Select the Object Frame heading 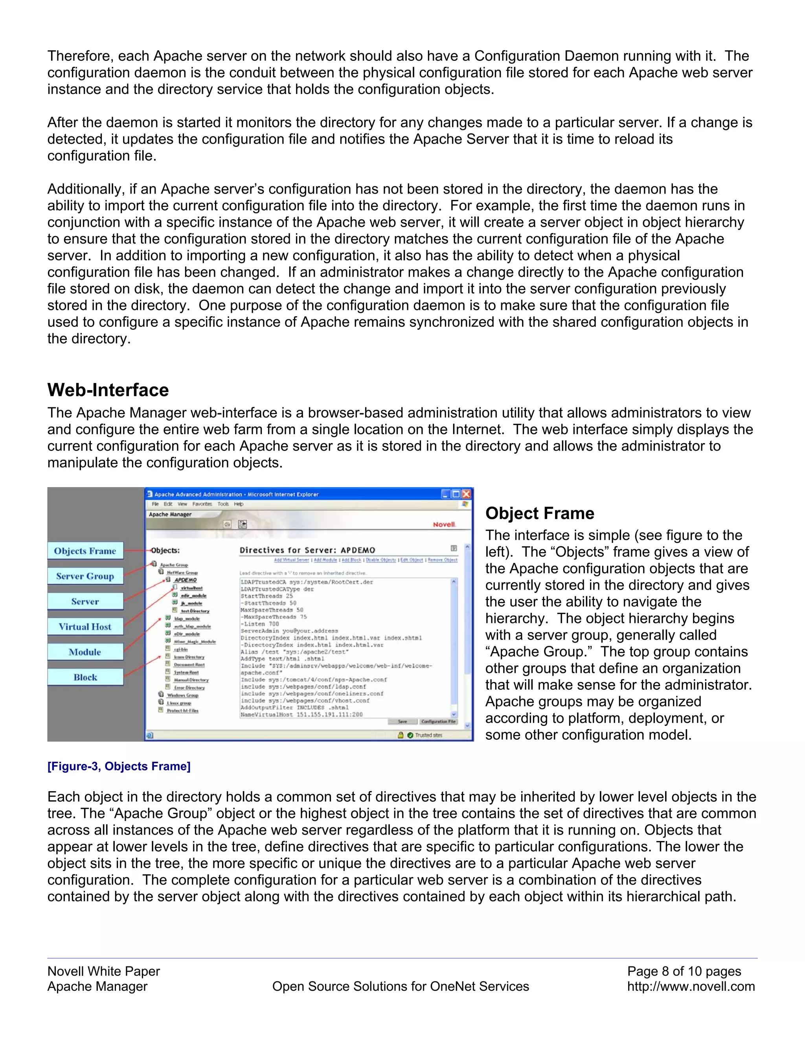pyautogui.click(x=539, y=513)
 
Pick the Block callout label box pyautogui.click(x=85, y=677)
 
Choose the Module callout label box pyautogui.click(x=85, y=652)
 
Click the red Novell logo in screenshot pyautogui.click(x=444, y=524)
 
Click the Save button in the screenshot pyautogui.click(x=402, y=722)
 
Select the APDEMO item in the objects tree pyautogui.click(x=186, y=580)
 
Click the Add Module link pyautogui.click(x=326, y=560)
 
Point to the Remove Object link pyautogui.click(x=443, y=560)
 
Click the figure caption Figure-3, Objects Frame pyautogui.click(x=119, y=766)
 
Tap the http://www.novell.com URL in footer pyautogui.click(x=691, y=987)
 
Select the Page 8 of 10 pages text pyautogui.click(x=684, y=971)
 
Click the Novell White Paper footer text pyautogui.click(x=103, y=971)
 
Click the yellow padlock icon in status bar pyautogui.click(x=401, y=735)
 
